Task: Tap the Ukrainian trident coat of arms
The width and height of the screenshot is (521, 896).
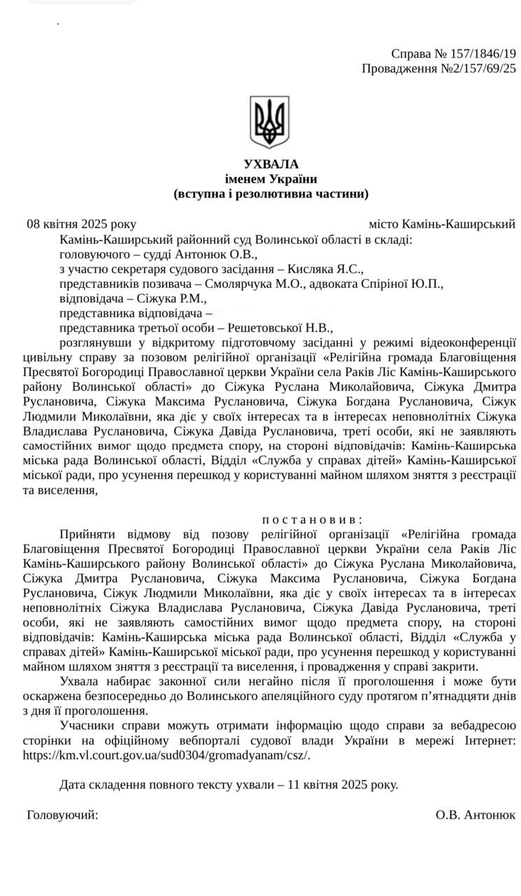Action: coord(269,122)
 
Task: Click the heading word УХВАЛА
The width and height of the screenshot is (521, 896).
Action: coord(271,164)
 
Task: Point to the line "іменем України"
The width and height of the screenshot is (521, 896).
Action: coord(271,178)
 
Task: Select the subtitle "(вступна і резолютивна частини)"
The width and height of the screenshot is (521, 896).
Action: coord(271,193)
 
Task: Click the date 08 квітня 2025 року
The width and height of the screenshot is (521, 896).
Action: coord(81,224)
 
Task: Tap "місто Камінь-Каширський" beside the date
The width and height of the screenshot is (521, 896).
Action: coord(442,224)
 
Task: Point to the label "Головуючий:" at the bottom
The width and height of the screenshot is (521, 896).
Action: coord(62,815)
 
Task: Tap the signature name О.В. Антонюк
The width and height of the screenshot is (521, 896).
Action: coord(476,815)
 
